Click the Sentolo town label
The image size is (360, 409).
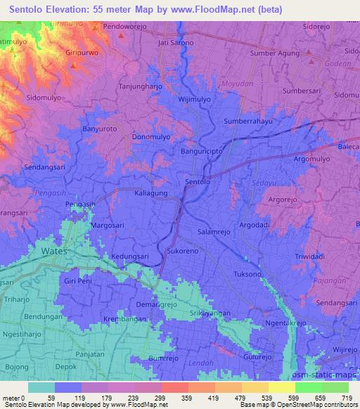197,183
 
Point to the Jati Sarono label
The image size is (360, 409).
175,43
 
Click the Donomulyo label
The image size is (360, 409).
152,138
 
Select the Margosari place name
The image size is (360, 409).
109,226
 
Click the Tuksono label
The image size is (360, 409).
247,273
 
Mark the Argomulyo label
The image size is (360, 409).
311,159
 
